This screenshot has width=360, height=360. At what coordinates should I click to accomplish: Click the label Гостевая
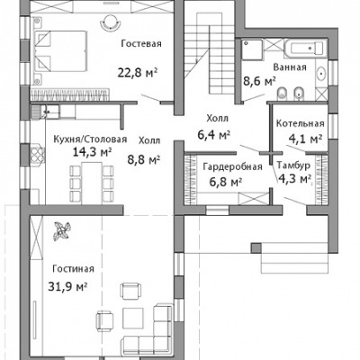[x=141, y=44]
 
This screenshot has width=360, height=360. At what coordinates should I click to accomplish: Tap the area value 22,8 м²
[x=138, y=73]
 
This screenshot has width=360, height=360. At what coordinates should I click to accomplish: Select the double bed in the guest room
[x=61, y=51]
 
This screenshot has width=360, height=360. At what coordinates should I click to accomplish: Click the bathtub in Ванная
[x=304, y=48]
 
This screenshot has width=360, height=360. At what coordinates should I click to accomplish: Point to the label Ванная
[x=290, y=67]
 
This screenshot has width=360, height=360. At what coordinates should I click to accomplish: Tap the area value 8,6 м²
[x=259, y=81]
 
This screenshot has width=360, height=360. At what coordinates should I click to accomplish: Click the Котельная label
[x=301, y=123]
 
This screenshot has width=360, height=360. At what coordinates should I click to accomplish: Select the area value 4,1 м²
[x=305, y=139]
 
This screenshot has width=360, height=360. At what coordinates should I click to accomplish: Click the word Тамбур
[x=293, y=166]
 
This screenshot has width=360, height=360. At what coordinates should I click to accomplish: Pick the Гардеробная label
[x=232, y=166]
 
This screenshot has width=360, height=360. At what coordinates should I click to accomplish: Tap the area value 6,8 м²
[x=226, y=182]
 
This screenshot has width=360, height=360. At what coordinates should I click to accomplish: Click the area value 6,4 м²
[x=214, y=135]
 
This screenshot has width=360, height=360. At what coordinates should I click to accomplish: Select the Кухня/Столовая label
[x=90, y=139]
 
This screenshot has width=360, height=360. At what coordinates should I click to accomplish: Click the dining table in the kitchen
[x=92, y=182]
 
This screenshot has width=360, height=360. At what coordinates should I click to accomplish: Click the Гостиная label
[x=73, y=269]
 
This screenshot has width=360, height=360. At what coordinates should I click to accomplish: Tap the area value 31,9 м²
[x=67, y=286]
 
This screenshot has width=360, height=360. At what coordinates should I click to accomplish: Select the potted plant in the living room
[x=62, y=231]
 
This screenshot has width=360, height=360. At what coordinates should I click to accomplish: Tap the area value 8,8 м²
[x=144, y=159]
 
